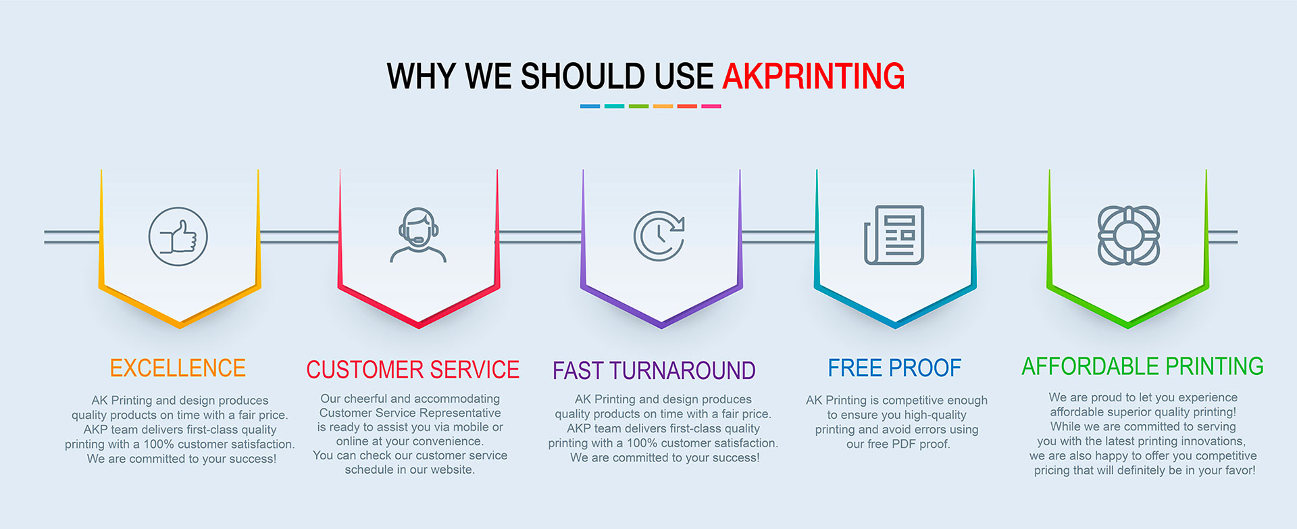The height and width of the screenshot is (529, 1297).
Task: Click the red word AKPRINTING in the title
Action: click(x=813, y=76)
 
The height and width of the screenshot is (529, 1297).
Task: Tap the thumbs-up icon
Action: click(x=178, y=236)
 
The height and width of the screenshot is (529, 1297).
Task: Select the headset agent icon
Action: click(x=418, y=234)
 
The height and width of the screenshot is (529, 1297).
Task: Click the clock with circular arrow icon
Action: click(x=659, y=235)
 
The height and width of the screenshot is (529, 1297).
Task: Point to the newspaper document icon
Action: click(x=894, y=235)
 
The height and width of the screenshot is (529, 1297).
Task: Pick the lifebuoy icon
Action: click(x=1128, y=235)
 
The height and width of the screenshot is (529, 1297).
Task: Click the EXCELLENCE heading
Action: click(x=178, y=368)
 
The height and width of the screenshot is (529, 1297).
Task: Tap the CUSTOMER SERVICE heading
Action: click(x=413, y=370)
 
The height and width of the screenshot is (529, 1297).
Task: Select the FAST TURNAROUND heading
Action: click(x=654, y=371)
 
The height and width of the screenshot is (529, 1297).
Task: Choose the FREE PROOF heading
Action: click(x=894, y=368)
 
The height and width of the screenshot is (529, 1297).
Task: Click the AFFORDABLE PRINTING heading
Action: click(x=1142, y=366)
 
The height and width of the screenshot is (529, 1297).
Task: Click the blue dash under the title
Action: click(x=590, y=106)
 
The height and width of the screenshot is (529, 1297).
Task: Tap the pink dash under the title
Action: click(x=711, y=106)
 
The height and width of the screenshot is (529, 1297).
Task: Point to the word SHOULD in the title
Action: click(x=582, y=76)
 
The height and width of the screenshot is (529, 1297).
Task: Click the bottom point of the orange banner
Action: click(x=180, y=328)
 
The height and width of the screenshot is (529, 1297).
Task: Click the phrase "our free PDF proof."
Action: click(x=898, y=444)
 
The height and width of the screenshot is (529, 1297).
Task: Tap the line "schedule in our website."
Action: click(x=410, y=470)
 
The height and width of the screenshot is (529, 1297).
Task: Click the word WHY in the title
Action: click(x=421, y=76)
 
